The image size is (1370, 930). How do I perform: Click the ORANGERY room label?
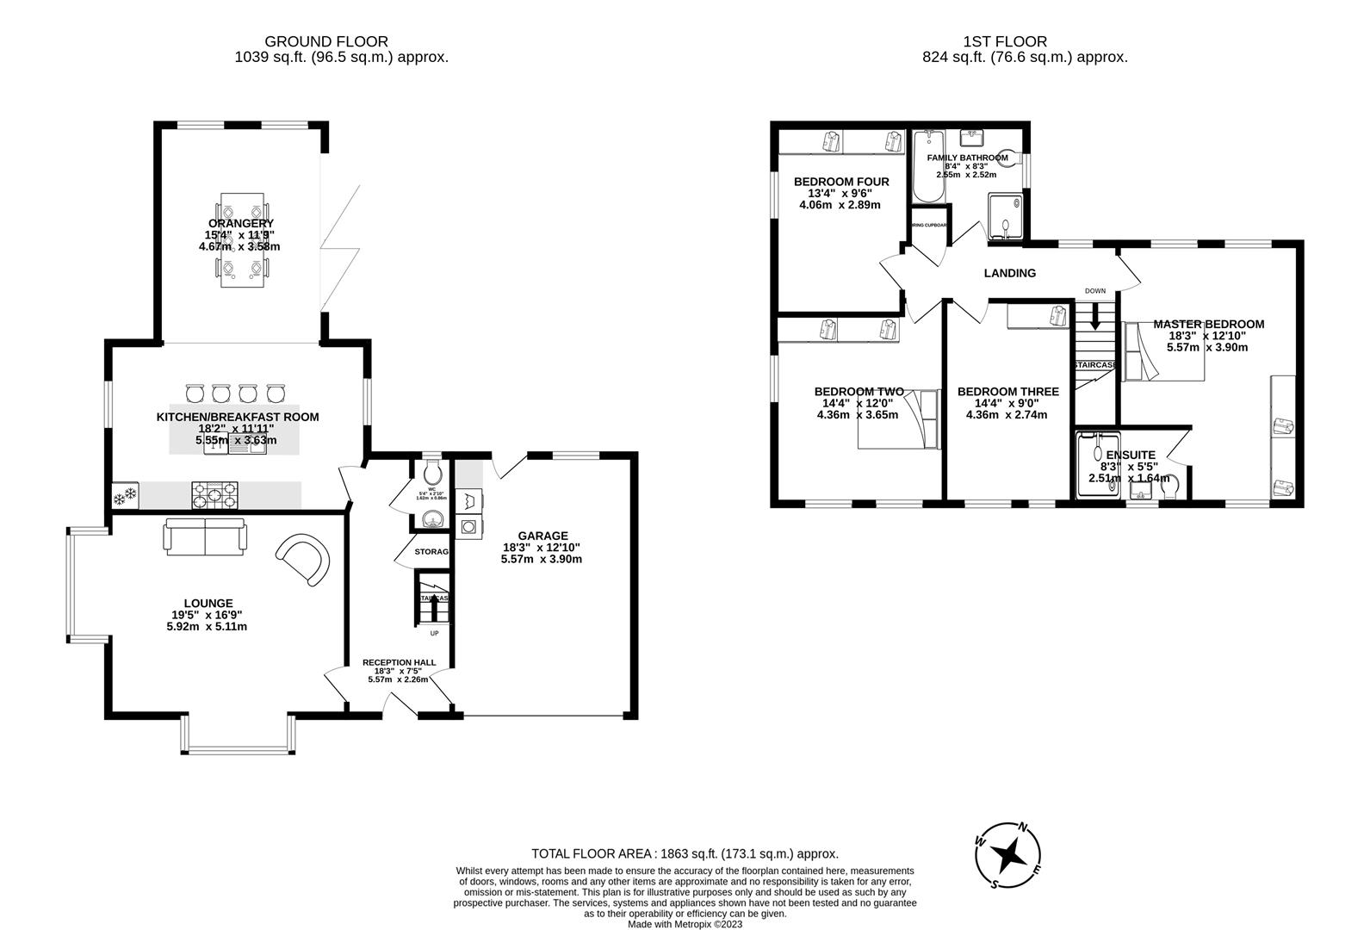coord(240,224)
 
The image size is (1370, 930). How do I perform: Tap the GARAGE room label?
coord(542,536)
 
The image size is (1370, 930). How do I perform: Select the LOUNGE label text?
coord(208,603)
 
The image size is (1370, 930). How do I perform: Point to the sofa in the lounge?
coord(205,536)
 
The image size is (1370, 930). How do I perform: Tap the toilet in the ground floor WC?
coord(433,472)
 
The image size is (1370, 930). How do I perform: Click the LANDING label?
coord(1009,273)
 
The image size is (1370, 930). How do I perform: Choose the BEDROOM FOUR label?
coord(840,182)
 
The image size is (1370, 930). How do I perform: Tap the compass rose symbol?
coord(1008,856)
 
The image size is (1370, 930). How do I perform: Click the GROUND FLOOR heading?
coord(325,41)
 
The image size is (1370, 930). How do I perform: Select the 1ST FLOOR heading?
coord(1005,41)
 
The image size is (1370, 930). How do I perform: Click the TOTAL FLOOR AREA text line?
coord(685,854)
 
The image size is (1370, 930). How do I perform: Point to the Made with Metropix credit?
coord(685,924)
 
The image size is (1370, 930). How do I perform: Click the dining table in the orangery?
coord(241,240)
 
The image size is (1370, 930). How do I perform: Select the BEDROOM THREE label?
coord(1007,392)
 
